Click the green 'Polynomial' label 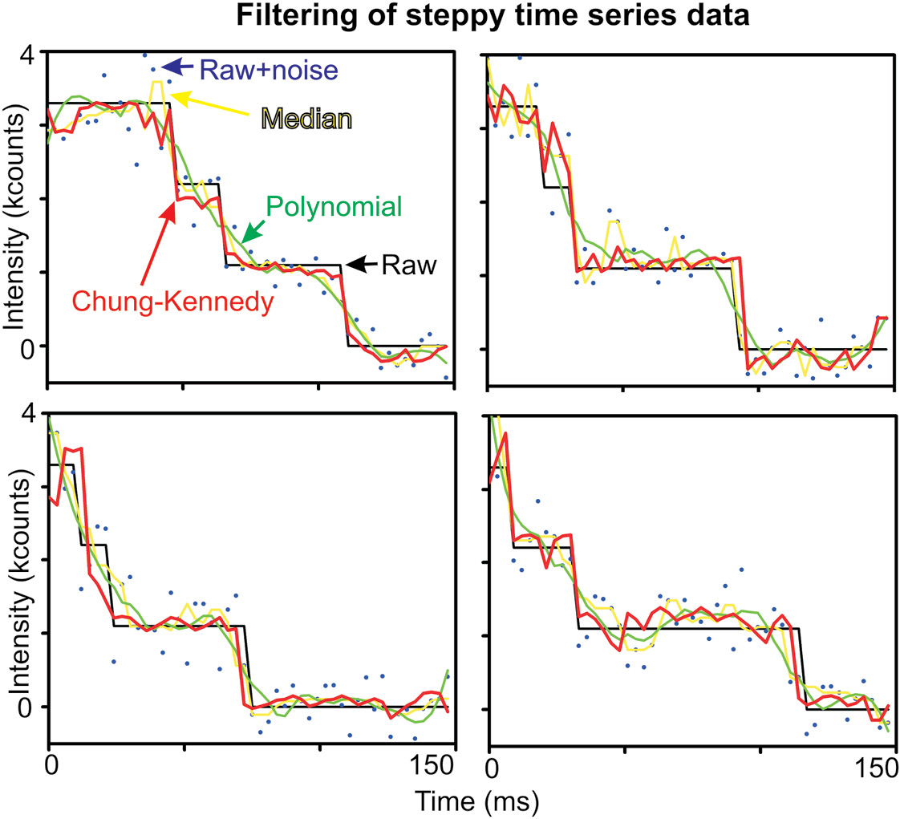334,207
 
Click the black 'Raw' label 408,265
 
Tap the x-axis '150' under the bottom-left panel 431,768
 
